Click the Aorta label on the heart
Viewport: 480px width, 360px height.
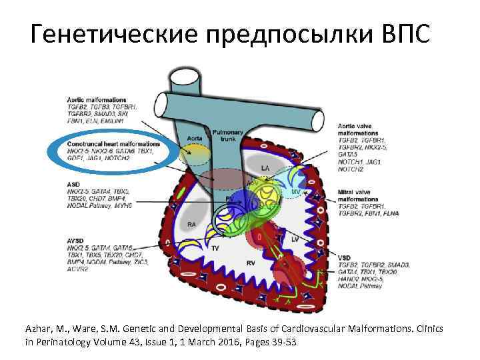(x=194, y=139)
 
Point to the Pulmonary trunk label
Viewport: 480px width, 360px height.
(x=228, y=136)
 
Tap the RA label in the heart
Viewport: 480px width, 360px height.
(x=192, y=224)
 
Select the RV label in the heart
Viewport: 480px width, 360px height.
(x=251, y=263)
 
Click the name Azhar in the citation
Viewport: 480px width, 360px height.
(x=39, y=330)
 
